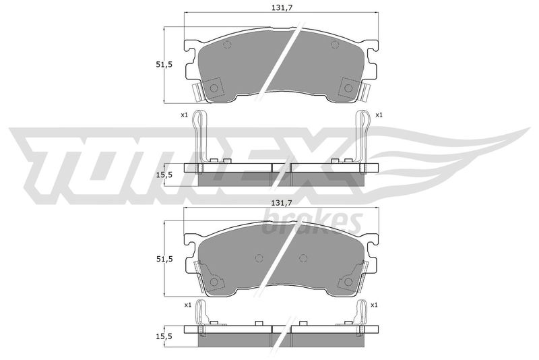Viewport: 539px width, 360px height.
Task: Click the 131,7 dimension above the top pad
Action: (282, 8)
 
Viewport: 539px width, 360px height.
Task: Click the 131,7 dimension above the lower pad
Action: (282, 203)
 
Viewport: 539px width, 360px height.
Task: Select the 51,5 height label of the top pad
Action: (164, 64)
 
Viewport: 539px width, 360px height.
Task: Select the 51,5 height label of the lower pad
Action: (164, 260)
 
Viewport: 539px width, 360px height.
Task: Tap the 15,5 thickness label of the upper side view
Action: (164, 175)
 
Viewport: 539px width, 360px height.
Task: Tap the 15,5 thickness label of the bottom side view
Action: (164, 336)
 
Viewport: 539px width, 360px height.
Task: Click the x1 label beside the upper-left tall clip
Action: (184, 115)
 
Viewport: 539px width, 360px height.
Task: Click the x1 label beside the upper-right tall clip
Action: (379, 115)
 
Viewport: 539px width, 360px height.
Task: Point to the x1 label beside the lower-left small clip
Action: (188, 305)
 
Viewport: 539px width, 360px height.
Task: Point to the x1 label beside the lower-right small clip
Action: (375, 305)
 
